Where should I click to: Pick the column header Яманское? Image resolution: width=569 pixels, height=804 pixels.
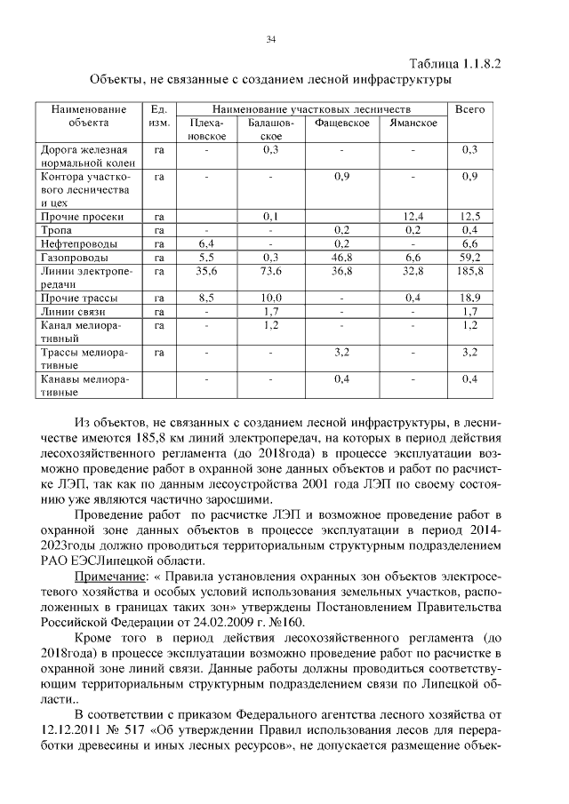coord(413,123)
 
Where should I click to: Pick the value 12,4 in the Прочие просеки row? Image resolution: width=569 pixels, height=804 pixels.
coord(413,215)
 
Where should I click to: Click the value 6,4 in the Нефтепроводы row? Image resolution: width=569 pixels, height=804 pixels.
coord(206,243)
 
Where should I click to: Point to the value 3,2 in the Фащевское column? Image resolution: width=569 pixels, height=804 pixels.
coord(341,353)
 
